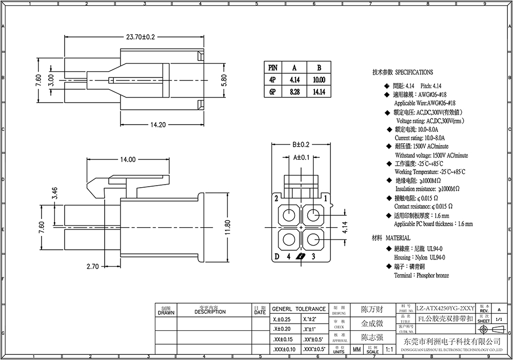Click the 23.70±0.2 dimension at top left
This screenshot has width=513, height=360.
133,37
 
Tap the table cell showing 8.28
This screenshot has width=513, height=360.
294,92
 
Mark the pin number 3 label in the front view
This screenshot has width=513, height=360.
313,256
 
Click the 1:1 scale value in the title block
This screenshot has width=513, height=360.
388,349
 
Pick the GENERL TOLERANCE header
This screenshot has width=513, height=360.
299,309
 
